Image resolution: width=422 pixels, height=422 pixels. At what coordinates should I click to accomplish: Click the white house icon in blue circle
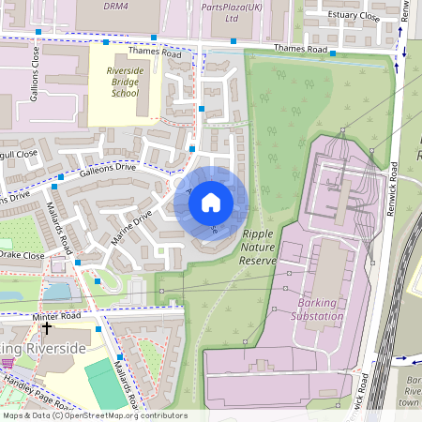click(x=211, y=201)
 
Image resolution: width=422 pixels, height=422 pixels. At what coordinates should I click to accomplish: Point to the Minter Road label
click(x=59, y=318)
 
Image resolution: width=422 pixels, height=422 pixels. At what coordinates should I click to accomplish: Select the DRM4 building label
click(x=114, y=5)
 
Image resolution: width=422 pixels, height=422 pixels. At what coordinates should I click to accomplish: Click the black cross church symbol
click(x=47, y=329)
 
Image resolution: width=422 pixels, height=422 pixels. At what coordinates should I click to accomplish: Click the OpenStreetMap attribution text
click(x=94, y=415)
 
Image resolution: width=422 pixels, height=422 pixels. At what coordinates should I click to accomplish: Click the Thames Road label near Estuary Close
click(x=300, y=49)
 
